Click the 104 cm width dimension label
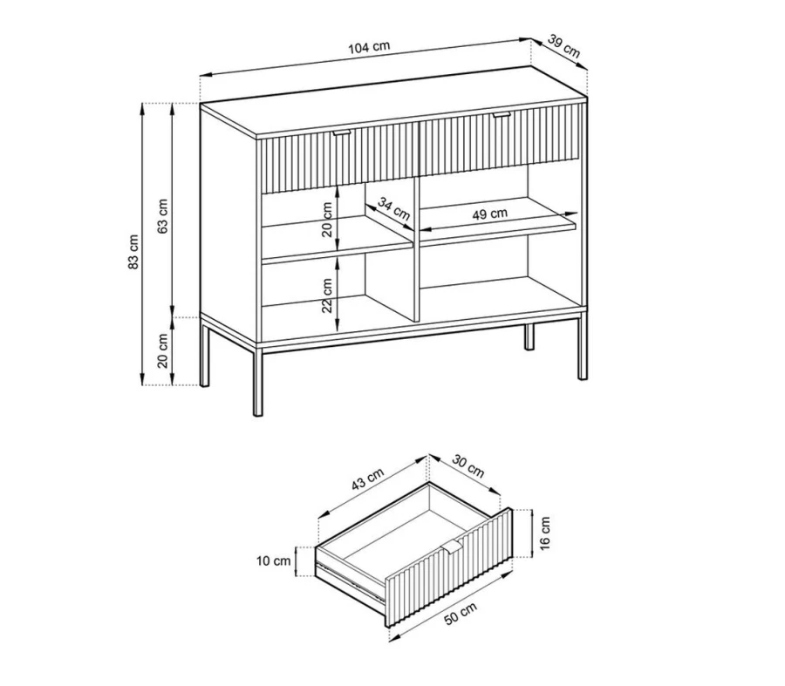point(369,48)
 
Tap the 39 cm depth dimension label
point(563,46)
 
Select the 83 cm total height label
point(133,252)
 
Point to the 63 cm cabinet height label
point(163,217)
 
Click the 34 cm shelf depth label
point(393,209)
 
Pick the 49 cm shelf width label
point(489,214)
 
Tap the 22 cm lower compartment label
point(327,295)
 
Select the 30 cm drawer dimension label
point(468,465)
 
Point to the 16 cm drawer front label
point(545,533)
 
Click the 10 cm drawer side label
point(273,560)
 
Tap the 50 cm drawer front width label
point(461,614)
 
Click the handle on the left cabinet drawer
point(343,132)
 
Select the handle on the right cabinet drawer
point(502,116)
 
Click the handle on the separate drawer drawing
point(453,546)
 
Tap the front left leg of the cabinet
point(257,382)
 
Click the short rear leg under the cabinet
point(529,336)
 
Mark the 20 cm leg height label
point(163,350)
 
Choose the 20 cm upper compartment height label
point(327,219)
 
